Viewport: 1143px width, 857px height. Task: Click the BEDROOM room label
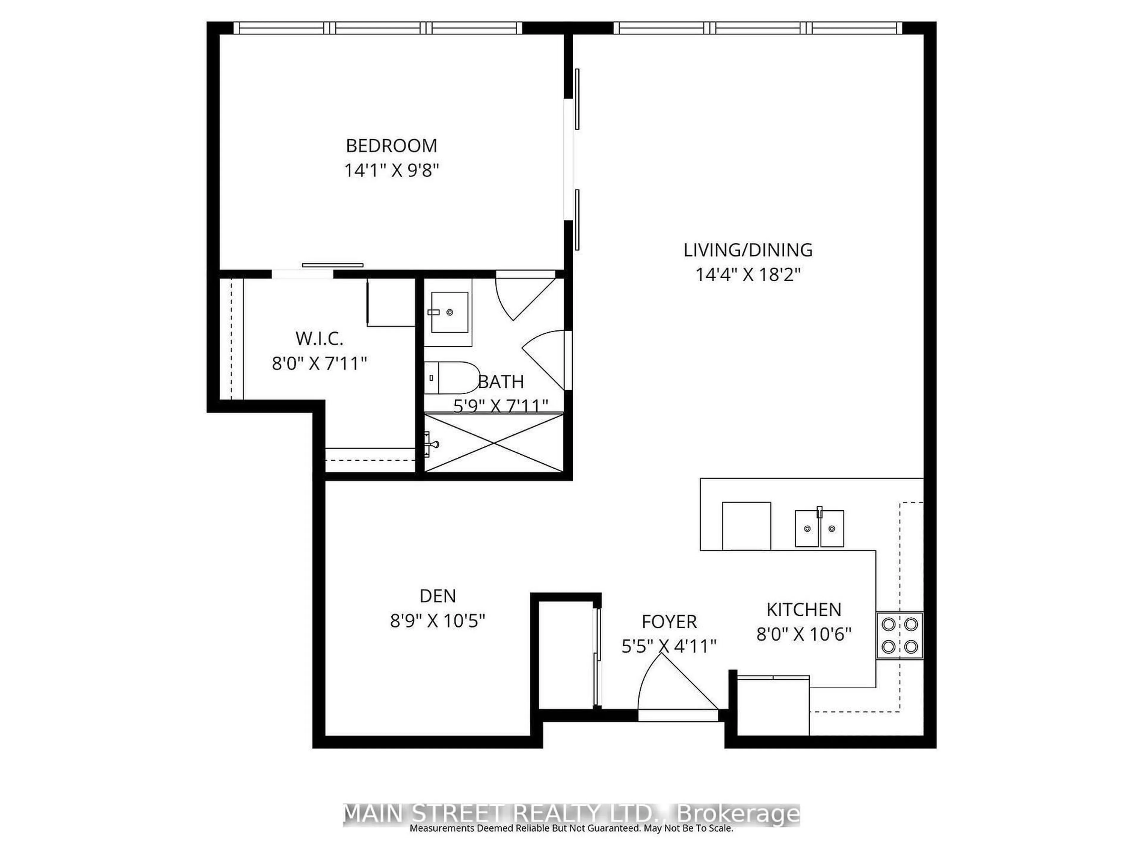click(391, 146)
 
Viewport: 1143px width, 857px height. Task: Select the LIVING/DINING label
click(748, 250)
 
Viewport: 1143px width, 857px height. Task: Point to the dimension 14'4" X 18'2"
click(748, 274)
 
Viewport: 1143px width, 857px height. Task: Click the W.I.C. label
click(319, 339)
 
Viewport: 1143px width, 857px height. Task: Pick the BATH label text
click(501, 382)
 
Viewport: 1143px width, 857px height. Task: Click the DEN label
click(438, 596)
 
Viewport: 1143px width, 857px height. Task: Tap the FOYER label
click(669, 621)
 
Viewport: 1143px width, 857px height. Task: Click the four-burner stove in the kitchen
click(900, 635)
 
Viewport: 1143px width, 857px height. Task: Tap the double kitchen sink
click(819, 528)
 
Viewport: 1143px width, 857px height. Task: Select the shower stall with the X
click(494, 443)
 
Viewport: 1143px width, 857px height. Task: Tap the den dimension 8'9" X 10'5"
click(438, 620)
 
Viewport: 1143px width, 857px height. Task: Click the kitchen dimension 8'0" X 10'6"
click(803, 634)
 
